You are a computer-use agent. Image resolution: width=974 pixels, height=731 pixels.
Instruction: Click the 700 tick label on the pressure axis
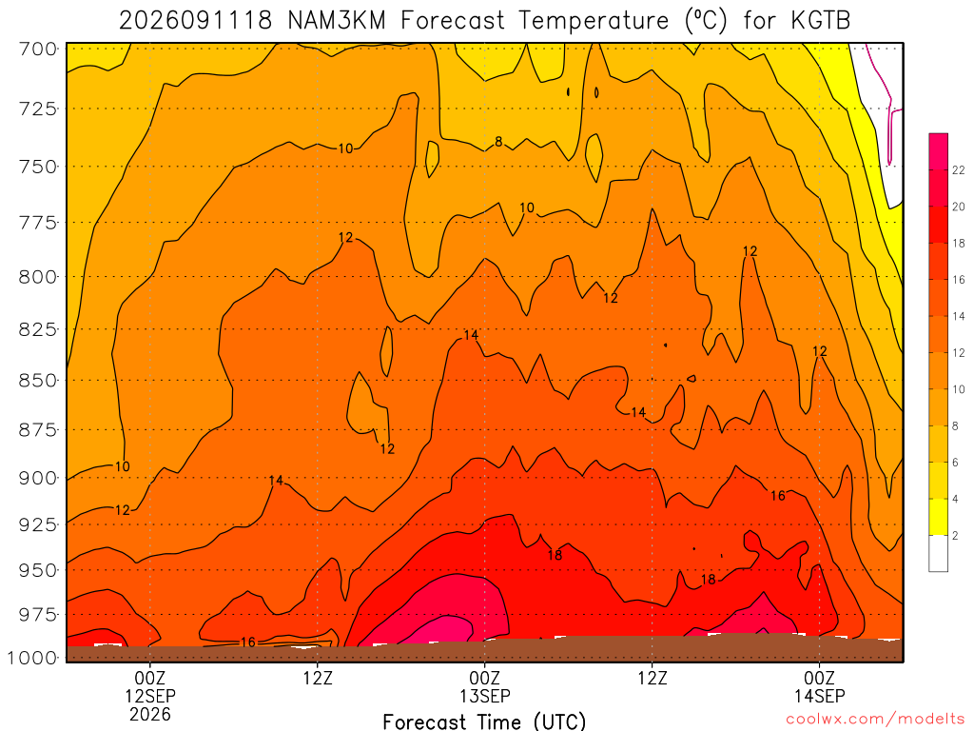[x=38, y=49]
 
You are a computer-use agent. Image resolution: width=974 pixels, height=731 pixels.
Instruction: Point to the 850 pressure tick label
[x=38, y=380]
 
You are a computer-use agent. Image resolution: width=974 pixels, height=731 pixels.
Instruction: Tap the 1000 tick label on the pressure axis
[x=33, y=658]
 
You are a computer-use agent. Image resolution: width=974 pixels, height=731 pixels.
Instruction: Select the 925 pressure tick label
[x=38, y=524]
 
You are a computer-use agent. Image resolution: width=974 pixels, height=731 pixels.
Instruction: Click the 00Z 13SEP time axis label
[x=484, y=686]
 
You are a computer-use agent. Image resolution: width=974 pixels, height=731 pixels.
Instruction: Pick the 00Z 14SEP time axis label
[x=819, y=686]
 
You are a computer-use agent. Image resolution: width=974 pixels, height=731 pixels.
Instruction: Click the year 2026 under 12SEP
[x=150, y=714]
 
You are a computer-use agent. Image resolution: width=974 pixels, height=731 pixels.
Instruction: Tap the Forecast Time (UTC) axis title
[x=484, y=721]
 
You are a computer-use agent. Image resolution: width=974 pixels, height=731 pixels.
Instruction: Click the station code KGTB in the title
[x=821, y=21]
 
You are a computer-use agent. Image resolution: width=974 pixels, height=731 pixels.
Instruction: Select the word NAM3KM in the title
[x=337, y=21]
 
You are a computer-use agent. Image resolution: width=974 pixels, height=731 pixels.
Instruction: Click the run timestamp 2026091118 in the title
[x=196, y=21]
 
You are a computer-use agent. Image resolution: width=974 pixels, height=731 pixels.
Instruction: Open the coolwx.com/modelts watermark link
[x=875, y=719]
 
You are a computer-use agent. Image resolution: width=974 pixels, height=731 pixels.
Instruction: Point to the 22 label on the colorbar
[x=959, y=169]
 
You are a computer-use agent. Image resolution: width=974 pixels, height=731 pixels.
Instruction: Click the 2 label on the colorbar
[x=955, y=535]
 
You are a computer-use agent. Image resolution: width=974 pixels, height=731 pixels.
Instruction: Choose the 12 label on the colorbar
[x=959, y=352]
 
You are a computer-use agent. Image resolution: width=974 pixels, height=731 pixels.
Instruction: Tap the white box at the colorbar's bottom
[x=938, y=553]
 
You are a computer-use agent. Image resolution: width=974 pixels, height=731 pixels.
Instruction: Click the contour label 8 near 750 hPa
[x=498, y=143]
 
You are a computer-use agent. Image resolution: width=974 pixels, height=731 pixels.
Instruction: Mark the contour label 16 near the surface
[x=248, y=642]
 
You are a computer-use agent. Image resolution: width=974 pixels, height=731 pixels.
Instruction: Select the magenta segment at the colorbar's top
[x=938, y=143]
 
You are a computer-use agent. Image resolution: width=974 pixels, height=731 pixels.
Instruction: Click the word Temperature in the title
[x=594, y=21]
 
